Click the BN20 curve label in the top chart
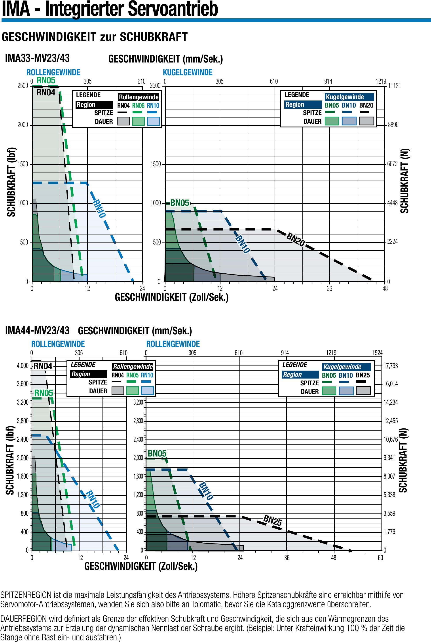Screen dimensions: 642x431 tap(296, 239)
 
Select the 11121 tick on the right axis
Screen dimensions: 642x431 tap(394, 86)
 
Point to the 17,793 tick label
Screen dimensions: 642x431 tap(391, 366)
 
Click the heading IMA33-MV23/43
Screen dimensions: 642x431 tap(37, 58)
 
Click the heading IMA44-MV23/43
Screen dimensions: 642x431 tap(37, 330)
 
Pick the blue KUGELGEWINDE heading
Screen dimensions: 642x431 tap(188, 72)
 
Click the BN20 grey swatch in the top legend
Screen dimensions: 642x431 tap(367, 121)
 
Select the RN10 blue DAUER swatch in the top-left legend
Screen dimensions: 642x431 tap(153, 121)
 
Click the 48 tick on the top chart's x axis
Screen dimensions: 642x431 tap(385, 288)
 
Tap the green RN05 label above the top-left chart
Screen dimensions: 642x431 tap(46, 80)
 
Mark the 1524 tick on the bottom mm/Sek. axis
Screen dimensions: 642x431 tap(377, 353)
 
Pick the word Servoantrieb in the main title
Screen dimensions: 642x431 tap(173, 9)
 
